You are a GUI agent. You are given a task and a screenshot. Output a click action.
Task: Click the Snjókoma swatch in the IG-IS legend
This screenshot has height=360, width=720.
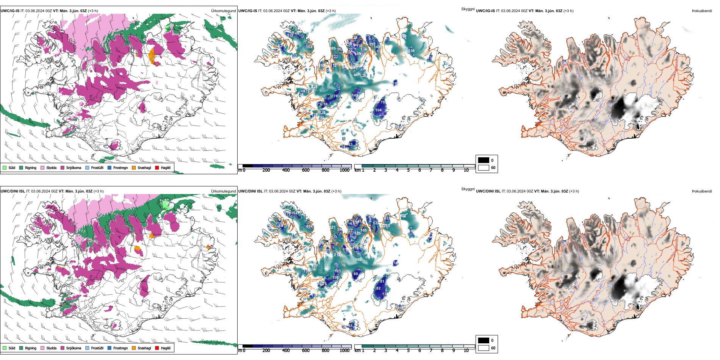pyautogui.click(x=63, y=167)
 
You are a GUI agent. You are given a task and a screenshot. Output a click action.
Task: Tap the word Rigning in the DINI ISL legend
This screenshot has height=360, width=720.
pyautogui.click(x=31, y=348)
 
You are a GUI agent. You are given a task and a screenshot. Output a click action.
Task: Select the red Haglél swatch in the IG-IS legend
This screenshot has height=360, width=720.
pyautogui.click(x=157, y=167)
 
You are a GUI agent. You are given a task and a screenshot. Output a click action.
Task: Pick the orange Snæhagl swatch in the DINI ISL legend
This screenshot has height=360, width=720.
pyautogui.click(x=134, y=348)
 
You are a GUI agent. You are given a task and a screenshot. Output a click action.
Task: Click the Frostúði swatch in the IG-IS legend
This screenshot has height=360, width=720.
pyautogui.click(x=88, y=167)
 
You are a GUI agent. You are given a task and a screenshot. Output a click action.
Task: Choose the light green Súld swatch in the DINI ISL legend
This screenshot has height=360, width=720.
pyautogui.click(x=5, y=348)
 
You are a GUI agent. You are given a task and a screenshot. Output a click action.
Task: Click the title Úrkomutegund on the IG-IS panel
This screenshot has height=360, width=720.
pyautogui.click(x=223, y=11)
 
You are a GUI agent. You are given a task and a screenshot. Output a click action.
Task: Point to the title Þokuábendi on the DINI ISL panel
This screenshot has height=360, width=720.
pyautogui.click(x=702, y=191)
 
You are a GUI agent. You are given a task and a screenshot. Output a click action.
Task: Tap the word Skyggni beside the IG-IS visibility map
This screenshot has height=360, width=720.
pyautogui.click(x=468, y=9)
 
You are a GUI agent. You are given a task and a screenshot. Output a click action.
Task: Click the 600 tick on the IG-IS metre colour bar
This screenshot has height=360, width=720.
pyautogui.click(x=306, y=170)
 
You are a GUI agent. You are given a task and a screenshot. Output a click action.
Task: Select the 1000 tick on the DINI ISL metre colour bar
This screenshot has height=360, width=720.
pyautogui.click(x=344, y=351)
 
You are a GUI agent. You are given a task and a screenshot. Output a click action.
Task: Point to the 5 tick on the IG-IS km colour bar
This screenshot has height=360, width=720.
pyautogui.click(x=409, y=170)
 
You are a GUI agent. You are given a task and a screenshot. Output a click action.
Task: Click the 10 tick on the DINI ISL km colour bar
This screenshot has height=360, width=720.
pyautogui.click(x=466, y=351)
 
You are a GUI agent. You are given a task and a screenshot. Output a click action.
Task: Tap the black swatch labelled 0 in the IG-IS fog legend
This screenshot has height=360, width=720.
pyautogui.click(x=484, y=160)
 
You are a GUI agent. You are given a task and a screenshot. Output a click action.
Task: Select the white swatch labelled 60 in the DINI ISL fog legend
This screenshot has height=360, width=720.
pyautogui.click(x=484, y=348)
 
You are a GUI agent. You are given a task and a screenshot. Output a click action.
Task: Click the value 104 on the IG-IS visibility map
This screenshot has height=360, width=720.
pyautogui.click(x=379, y=110)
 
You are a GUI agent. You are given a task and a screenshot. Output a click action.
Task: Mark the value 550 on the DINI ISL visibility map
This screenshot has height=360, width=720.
pyautogui.click(x=358, y=260)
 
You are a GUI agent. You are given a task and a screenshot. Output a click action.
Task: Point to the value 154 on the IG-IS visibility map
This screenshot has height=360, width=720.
pyautogui.click(x=412, y=51)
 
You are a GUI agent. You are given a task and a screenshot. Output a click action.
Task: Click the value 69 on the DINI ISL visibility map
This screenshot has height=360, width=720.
pyautogui.click(x=355, y=274)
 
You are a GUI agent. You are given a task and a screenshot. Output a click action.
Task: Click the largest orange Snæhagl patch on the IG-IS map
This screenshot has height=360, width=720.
pyautogui.click(x=153, y=56)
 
